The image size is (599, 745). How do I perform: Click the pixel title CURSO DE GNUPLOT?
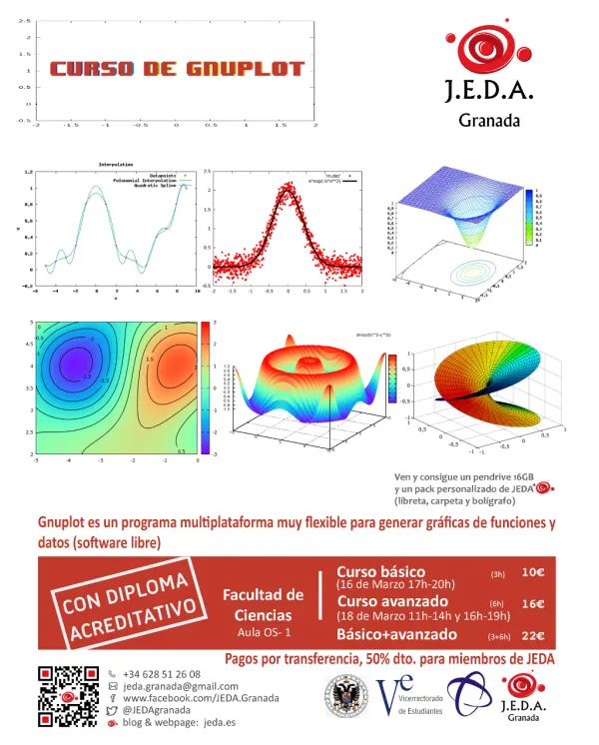(x=176, y=69)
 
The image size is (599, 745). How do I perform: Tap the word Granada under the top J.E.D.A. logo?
(x=488, y=121)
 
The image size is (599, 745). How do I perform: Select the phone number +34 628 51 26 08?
(x=162, y=674)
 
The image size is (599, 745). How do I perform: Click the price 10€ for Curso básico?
(x=533, y=572)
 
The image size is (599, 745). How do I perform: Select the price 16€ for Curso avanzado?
(x=533, y=603)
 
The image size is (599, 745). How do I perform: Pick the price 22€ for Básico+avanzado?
(x=533, y=635)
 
